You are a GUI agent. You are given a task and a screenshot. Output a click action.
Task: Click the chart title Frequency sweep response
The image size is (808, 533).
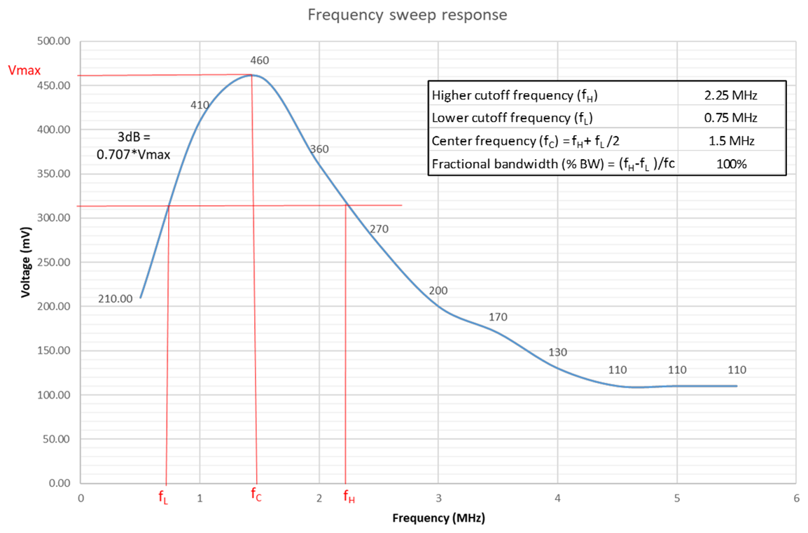pos(408,14)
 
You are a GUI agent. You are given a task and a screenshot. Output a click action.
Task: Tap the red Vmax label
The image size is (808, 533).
pos(23,70)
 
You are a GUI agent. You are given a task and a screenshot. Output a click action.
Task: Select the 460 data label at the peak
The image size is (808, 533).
pos(259,61)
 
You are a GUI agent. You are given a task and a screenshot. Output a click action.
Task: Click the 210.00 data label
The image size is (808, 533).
pos(115,298)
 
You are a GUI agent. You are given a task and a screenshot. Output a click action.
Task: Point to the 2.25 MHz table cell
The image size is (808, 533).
pos(731,95)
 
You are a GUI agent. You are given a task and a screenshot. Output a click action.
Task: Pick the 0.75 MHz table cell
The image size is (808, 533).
pos(731,118)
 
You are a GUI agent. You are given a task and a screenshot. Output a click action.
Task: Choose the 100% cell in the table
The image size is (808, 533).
pos(731,164)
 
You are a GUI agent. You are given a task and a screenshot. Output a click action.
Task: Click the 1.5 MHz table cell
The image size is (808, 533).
pos(731,141)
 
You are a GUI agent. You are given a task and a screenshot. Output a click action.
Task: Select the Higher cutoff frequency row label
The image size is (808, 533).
pos(515,95)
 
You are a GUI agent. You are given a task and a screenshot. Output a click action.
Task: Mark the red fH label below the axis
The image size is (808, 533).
pos(349,497)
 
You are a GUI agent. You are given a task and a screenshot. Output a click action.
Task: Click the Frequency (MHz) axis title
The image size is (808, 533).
pos(438,518)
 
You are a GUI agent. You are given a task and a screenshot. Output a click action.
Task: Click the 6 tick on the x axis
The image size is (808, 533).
pos(796,498)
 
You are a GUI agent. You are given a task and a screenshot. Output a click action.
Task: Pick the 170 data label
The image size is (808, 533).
pos(498,317)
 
